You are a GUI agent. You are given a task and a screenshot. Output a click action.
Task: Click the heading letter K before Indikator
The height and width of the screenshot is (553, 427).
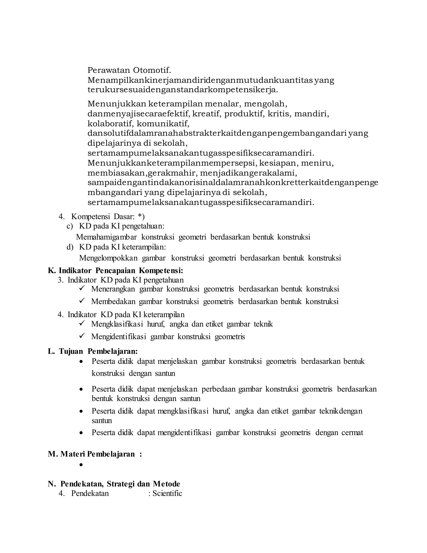51,271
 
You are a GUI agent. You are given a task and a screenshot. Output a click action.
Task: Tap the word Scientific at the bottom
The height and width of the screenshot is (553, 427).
167,493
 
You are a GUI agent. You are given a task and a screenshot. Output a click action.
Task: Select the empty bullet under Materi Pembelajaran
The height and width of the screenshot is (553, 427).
81,465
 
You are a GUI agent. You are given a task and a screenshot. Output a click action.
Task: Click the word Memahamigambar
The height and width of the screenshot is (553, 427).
106,237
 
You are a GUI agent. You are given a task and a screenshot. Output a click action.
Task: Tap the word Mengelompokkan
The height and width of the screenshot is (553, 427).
108,258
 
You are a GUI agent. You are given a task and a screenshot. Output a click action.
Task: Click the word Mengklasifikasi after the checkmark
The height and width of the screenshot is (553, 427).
117,324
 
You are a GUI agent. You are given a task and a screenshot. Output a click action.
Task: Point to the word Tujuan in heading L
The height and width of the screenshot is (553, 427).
71,351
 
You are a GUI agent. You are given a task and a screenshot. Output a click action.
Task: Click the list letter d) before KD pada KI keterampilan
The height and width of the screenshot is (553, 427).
70,247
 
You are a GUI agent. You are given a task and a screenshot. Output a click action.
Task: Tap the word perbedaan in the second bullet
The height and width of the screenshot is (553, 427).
218,389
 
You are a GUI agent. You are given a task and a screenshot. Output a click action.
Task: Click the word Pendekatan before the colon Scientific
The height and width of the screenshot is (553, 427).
90,493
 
